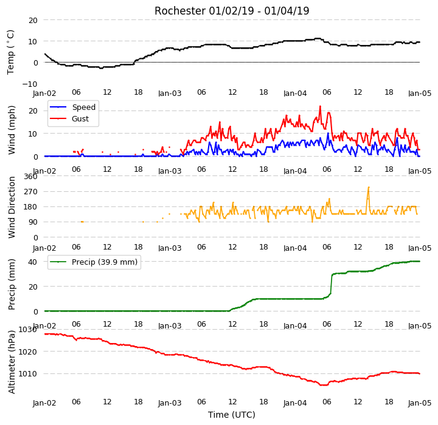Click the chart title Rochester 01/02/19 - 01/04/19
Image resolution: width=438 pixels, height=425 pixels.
(x=232, y=11)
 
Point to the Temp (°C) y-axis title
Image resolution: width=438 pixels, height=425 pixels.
(x=10, y=52)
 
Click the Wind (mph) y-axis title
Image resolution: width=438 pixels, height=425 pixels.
(x=12, y=130)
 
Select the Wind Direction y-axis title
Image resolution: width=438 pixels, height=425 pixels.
(x=12, y=207)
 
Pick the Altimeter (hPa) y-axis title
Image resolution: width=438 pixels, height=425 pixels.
(x=12, y=362)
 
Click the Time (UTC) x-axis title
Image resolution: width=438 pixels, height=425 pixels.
(x=232, y=415)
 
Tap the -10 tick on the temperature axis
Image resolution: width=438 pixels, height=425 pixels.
(x=30, y=84)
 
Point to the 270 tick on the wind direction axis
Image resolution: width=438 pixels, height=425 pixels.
(x=31, y=192)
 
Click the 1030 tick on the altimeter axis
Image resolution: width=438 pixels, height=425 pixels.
(x=27, y=330)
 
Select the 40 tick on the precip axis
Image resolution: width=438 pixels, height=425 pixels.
(x=33, y=262)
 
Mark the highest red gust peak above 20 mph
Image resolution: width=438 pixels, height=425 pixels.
(x=320, y=106)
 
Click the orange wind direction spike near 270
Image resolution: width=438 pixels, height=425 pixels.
(x=369, y=188)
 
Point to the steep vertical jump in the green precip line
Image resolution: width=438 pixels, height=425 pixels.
(x=332, y=284)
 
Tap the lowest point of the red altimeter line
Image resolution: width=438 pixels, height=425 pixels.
(x=324, y=385)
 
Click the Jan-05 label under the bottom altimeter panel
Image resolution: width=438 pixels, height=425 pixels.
(x=420, y=403)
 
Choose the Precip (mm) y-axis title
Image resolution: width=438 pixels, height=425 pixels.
(x=12, y=285)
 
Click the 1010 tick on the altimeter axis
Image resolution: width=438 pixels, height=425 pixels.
(x=27, y=373)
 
